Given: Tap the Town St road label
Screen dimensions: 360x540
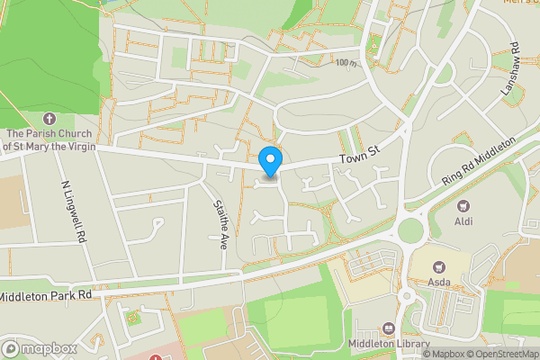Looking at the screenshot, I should [360, 159].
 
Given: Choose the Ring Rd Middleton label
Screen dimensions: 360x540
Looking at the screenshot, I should [478, 162].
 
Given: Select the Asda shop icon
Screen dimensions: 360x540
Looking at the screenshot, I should [439, 266].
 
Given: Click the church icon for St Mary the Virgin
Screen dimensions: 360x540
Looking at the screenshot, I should [49, 118].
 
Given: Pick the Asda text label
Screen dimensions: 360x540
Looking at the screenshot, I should [439, 283].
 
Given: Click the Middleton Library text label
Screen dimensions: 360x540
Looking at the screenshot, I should [388, 344].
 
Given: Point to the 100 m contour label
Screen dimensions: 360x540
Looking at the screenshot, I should [342, 63].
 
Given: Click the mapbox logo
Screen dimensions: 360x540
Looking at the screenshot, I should [38, 348].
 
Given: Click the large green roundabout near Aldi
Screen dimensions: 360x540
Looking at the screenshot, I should [411, 230].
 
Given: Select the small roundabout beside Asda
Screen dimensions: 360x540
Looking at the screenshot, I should [406, 295].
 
